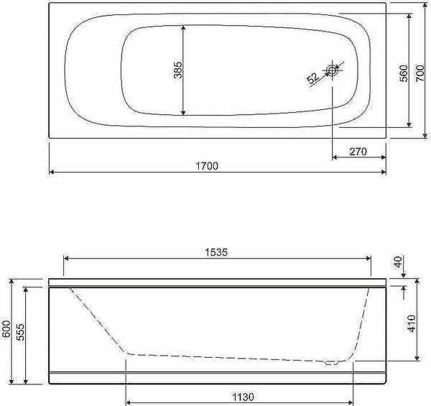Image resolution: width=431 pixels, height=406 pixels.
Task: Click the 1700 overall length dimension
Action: coord(207,166)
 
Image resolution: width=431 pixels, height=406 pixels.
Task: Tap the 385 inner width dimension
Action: coord(178,70)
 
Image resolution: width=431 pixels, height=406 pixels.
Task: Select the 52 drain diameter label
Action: coord(313,78)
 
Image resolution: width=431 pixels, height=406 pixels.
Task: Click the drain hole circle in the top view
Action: coord(333,70)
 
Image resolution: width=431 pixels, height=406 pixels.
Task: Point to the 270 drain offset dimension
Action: coord(358,152)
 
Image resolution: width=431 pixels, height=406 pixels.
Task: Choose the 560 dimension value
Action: coord(404,73)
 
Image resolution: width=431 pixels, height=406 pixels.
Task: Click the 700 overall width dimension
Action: coord(420,73)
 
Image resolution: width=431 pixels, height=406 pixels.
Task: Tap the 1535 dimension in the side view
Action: coord(217,252)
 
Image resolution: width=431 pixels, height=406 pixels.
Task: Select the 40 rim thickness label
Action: coord(398,262)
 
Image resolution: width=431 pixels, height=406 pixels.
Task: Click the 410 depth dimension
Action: coord(412,323)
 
